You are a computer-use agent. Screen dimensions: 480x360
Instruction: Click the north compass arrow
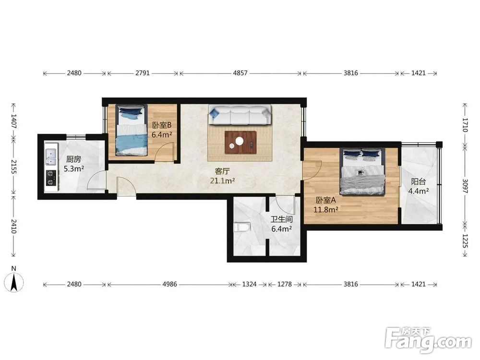(14, 282)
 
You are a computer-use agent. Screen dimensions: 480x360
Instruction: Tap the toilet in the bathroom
(242, 227)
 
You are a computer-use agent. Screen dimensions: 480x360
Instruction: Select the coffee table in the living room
(240, 143)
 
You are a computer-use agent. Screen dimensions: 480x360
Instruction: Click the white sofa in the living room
(240, 115)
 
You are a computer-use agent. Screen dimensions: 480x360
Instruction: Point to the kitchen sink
(50, 157)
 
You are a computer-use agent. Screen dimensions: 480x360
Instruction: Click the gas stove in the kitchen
(51, 178)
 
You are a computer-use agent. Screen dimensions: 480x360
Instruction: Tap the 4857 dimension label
(240, 73)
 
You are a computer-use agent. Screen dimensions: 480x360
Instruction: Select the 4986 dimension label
(169, 284)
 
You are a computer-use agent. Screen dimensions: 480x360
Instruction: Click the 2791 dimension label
(143, 73)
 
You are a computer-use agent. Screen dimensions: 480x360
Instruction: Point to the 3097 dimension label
(465, 186)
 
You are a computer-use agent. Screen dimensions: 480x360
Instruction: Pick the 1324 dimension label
(249, 284)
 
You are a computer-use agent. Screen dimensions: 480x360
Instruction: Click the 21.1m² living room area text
(222, 181)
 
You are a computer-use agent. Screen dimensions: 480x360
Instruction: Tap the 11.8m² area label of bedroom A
(326, 210)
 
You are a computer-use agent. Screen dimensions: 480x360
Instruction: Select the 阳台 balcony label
(418, 181)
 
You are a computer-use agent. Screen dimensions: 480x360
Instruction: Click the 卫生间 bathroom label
(282, 219)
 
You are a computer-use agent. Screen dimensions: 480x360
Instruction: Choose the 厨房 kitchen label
(74, 159)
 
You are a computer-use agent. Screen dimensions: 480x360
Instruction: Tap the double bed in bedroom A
(362, 171)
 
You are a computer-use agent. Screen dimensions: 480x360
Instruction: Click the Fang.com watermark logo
(428, 340)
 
